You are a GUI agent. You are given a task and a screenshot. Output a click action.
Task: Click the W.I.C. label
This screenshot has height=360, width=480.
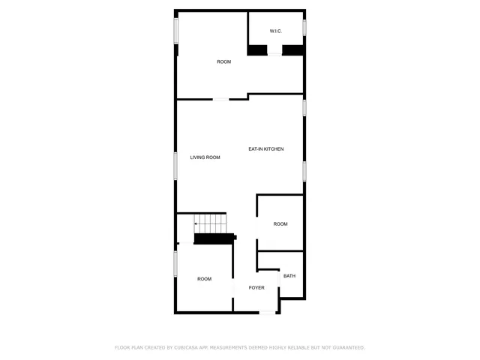(276, 31)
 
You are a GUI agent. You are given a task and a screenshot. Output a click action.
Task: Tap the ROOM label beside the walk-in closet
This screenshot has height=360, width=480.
(223, 61)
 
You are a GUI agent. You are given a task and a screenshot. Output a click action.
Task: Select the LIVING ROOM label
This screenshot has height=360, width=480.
(205, 157)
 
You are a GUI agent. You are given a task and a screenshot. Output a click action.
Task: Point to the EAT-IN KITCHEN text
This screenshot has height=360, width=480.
(266, 149)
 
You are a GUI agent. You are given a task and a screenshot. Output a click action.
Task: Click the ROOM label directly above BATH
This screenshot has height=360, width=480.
(280, 224)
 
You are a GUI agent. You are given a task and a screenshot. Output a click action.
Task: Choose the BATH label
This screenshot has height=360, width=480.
(289, 276)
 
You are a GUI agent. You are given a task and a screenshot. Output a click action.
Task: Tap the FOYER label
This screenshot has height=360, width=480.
(256, 288)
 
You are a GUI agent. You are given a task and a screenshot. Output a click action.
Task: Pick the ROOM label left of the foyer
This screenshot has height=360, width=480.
(204, 279)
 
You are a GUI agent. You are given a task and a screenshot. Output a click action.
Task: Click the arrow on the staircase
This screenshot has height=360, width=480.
(197, 223)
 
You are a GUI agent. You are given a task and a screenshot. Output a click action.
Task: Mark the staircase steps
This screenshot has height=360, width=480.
(211, 223)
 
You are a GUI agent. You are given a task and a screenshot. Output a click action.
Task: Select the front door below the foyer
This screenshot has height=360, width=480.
(266, 313)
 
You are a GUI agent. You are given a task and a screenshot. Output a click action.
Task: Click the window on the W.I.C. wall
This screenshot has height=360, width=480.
(304, 27)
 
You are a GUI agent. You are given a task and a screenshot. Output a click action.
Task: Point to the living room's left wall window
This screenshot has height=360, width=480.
(176, 165)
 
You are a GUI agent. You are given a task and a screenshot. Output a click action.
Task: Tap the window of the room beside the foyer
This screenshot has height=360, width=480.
(176, 263)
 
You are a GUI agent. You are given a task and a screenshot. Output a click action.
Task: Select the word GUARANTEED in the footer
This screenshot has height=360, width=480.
(348, 348)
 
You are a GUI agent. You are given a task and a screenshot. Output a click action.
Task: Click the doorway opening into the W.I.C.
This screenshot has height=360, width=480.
(274, 51)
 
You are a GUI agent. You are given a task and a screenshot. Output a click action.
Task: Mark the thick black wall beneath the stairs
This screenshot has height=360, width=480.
(214, 239)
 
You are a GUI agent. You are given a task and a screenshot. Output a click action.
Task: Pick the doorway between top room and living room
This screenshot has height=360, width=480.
(222, 98)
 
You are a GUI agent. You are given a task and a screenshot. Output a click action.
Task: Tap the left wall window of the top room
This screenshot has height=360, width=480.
(176, 31)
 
